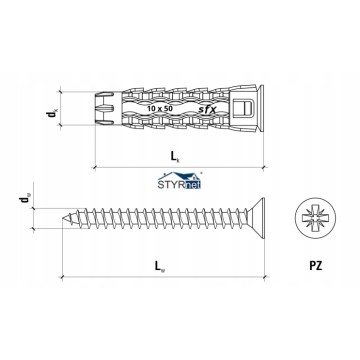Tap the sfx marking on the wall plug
pyautogui.click(x=207, y=109)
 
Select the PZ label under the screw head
pyautogui.click(x=315, y=266)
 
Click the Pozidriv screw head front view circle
pyautogui.click(x=315, y=218)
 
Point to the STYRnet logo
pyautogui.click(x=180, y=180)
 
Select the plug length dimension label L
pyautogui.click(x=175, y=156)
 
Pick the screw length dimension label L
pyautogui.click(x=160, y=266)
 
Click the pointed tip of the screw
pyautogui.click(x=63, y=219)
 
